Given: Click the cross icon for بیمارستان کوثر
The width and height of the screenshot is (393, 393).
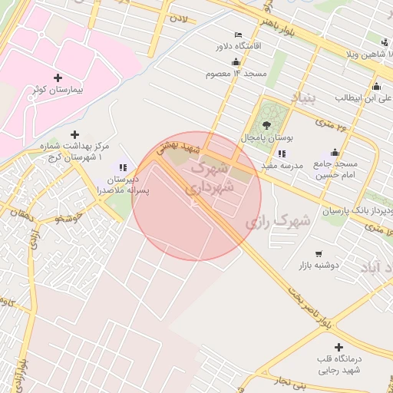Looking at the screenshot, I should click(x=58, y=78).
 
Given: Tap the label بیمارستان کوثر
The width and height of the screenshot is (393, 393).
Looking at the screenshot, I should click(x=59, y=90).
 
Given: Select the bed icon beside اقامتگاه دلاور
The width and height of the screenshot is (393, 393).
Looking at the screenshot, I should click(x=238, y=35).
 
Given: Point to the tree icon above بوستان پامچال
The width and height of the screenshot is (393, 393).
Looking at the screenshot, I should click(x=266, y=125).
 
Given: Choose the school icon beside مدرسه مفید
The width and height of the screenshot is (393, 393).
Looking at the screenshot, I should click(x=282, y=154).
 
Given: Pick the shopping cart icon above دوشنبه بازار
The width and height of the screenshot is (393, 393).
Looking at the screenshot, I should click(x=319, y=254).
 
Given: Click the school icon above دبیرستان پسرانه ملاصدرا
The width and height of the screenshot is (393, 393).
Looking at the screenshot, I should click(x=122, y=167).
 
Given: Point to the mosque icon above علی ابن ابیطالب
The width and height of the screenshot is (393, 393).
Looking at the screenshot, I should click(x=376, y=86).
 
